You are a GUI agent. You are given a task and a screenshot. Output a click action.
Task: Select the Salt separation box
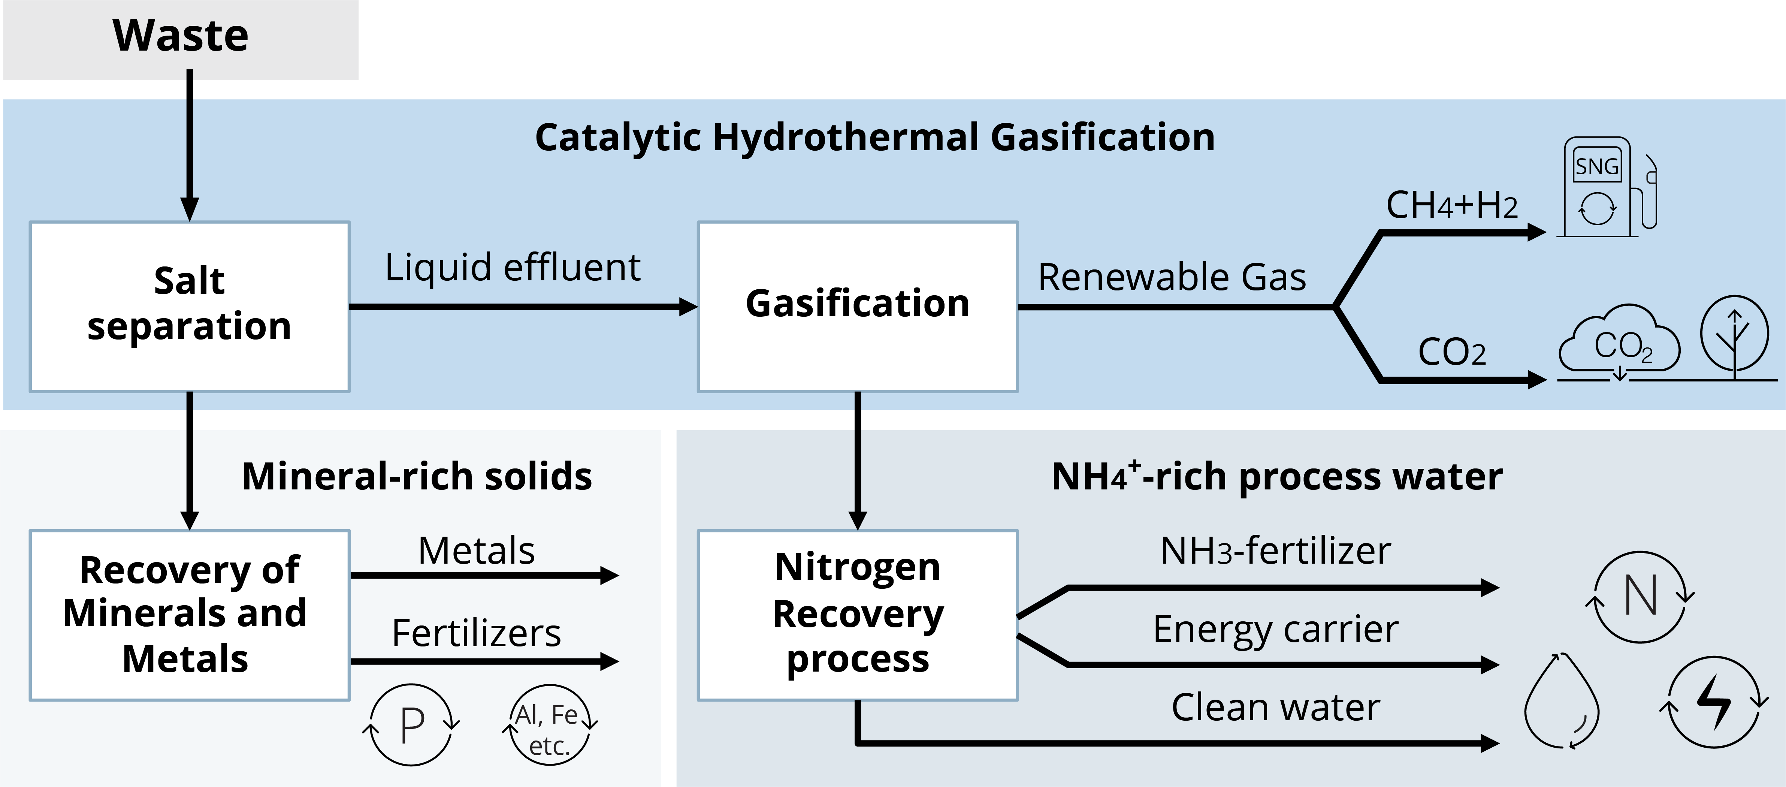click(189, 307)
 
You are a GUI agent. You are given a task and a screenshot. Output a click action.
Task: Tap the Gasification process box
click(858, 307)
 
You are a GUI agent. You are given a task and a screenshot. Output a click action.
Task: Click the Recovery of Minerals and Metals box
click(189, 615)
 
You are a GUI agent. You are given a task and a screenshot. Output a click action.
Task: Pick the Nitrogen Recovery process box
click(858, 615)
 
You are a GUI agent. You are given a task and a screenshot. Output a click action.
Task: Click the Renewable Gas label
click(1172, 277)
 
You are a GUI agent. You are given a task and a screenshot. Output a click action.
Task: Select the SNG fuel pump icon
click(1608, 187)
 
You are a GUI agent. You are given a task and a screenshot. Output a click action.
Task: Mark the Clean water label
click(1276, 707)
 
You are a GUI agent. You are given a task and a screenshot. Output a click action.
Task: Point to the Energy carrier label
click(1276, 630)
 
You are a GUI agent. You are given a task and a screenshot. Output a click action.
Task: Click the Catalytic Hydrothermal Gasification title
click(875, 137)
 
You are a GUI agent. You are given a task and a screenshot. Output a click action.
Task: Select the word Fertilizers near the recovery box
click(476, 633)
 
